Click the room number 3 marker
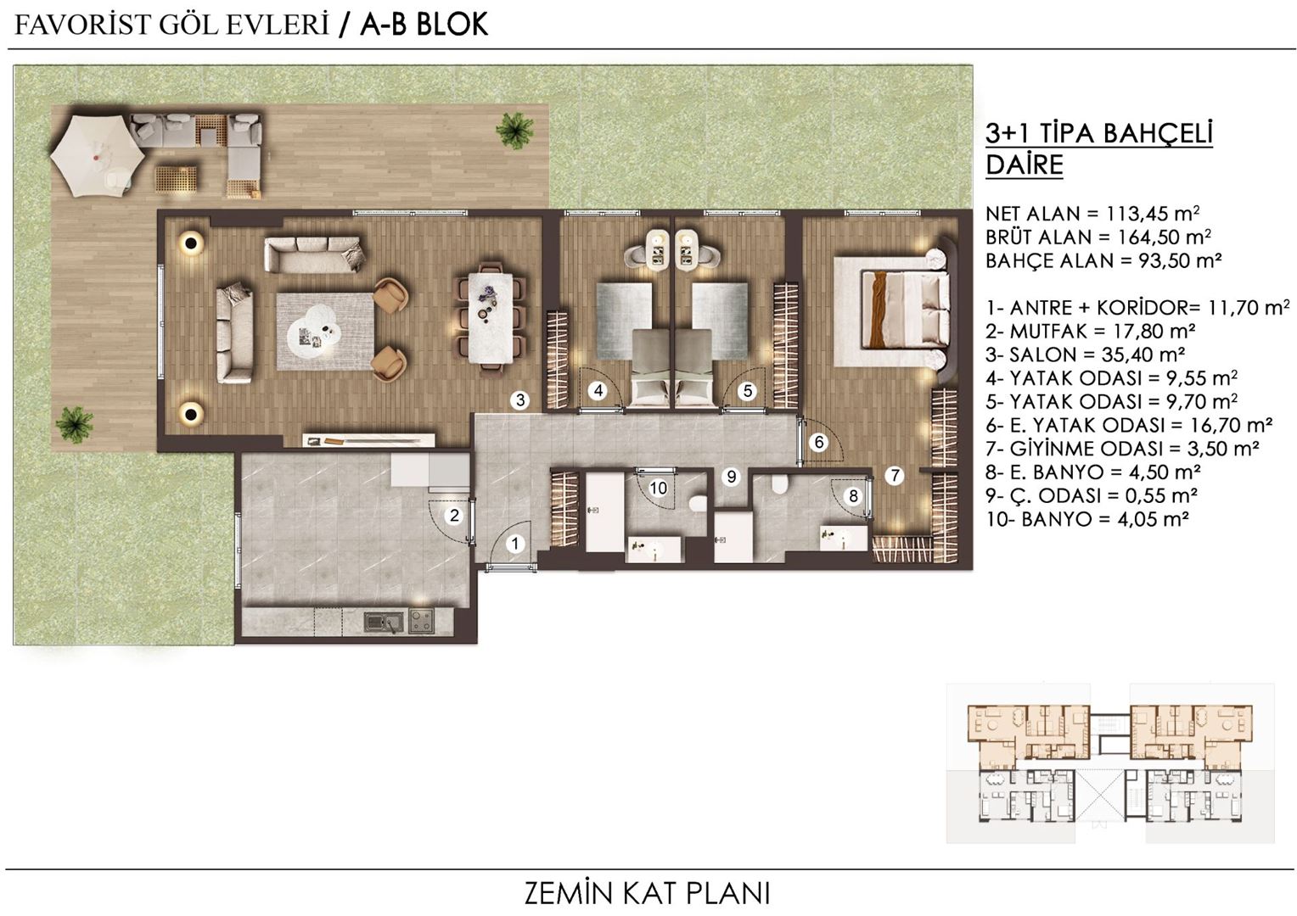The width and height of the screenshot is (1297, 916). (520, 399)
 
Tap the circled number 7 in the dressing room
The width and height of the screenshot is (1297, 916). (895, 476)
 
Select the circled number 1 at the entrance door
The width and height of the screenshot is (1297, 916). (514, 544)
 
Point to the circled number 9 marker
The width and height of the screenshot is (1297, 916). (732, 477)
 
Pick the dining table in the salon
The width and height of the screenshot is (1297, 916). (491, 318)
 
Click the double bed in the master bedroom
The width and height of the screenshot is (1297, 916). (905, 310)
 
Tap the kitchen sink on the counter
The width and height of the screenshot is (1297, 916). (384, 622)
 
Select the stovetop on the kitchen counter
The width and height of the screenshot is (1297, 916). (422, 621)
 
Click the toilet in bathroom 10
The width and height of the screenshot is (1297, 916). (699, 504)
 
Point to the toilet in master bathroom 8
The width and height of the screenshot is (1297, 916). (779, 483)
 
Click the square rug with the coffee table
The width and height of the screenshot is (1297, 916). (325, 331)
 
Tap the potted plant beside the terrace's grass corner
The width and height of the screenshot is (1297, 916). (514, 130)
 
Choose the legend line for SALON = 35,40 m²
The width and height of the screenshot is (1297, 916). (1086, 355)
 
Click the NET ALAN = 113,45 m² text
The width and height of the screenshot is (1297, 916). (1092, 214)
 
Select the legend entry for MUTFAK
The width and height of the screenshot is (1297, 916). (1091, 331)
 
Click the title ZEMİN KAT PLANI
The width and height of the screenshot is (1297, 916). (648, 893)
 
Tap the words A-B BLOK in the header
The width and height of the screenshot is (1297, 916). (424, 25)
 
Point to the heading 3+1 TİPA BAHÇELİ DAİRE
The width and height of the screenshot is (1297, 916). (1099, 149)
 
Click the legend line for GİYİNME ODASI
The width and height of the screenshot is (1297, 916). (1123, 449)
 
